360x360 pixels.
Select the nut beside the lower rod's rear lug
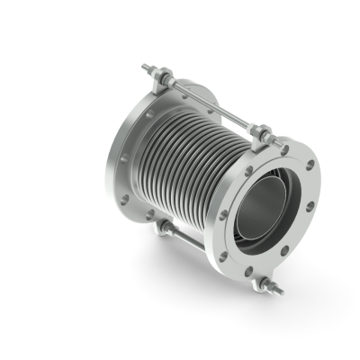point(162,232)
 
